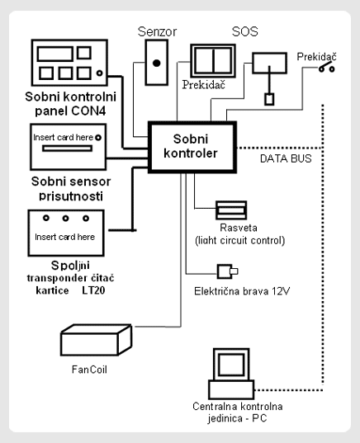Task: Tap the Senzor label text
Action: coord(157,31)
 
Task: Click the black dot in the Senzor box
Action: coord(156,63)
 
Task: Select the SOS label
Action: coord(245,31)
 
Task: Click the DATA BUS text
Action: coord(286,158)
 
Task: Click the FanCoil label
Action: coord(89,370)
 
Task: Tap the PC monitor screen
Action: coord(231,365)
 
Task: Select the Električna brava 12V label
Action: coord(242,291)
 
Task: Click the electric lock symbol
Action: coord(227,271)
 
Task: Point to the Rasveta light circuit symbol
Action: coord(231,210)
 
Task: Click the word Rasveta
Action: coord(239,228)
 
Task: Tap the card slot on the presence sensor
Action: coord(68,148)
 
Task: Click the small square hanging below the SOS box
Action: coord(269,99)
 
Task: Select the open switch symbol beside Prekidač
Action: coord(327,68)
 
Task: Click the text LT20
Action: coord(93,290)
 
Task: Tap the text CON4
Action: coord(88,111)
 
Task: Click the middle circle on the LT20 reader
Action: coord(65,218)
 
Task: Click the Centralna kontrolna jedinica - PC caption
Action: coord(238,412)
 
